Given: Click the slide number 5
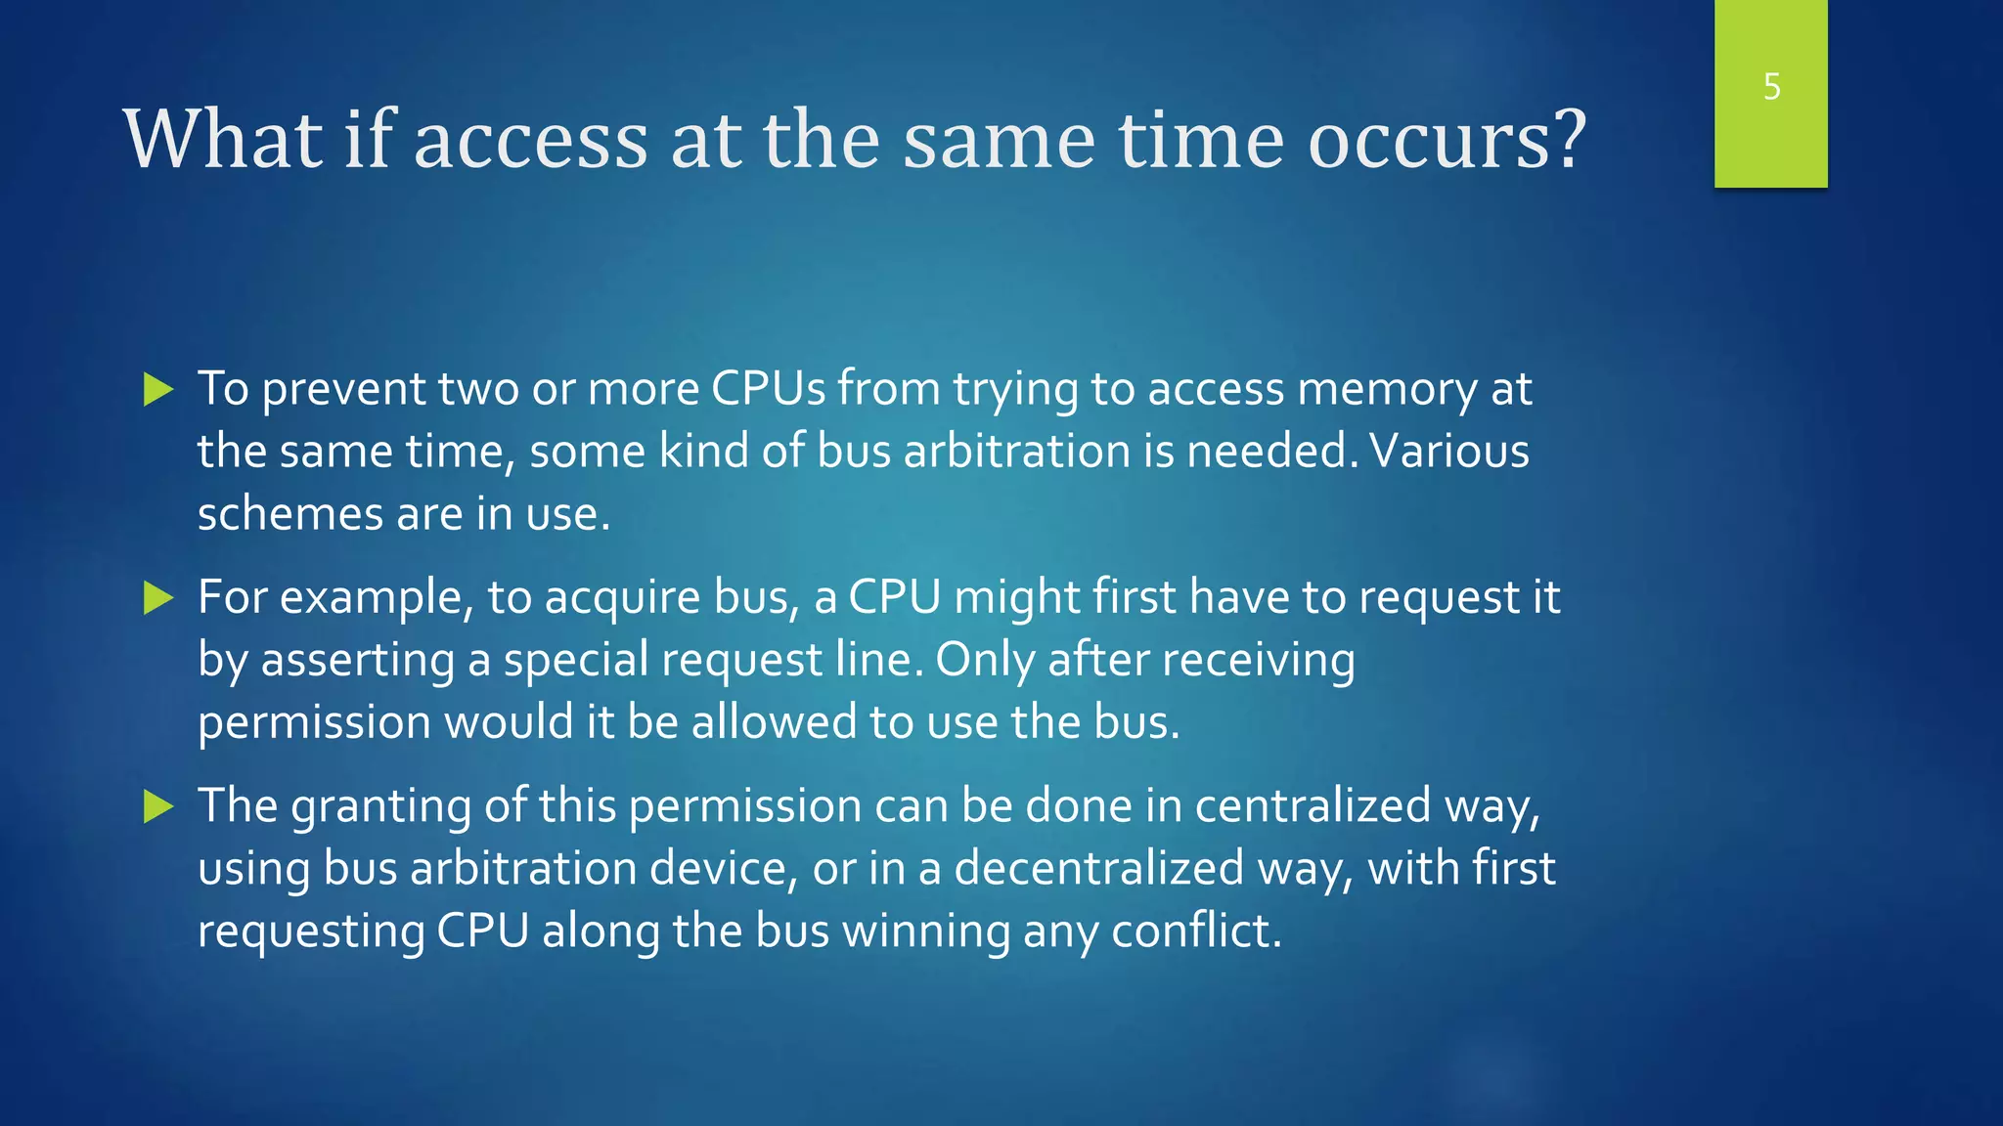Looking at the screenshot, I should (1771, 87).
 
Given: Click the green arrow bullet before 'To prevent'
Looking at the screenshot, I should (157, 389).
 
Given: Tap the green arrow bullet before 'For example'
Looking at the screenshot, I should (157, 597).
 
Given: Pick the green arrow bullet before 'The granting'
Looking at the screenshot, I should (157, 806).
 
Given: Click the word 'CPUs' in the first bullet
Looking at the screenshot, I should (768, 389).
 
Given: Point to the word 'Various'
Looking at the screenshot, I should (1449, 452).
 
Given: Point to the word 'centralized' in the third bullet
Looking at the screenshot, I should (1313, 806).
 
